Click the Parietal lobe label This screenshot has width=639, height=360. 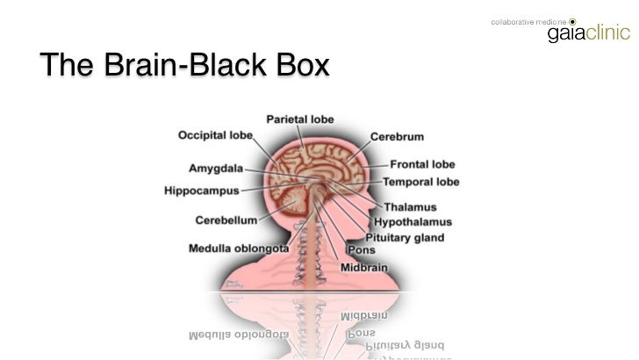[299, 119]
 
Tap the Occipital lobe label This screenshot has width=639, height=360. [215, 135]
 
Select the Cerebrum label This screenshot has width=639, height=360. [397, 137]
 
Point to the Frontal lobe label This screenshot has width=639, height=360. [422, 164]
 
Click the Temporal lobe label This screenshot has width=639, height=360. [420, 182]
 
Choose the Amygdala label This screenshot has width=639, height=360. [216, 168]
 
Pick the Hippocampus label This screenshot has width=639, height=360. [201, 190]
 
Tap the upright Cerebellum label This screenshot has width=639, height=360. [226, 220]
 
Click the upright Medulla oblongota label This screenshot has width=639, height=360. [239, 248]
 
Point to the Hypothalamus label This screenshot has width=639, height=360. [413, 222]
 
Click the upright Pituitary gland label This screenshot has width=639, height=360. [405, 237]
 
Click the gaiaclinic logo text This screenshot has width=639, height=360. [588, 34]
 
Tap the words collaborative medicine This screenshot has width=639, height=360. [528, 20]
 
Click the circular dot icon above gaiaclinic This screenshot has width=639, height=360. [572, 20]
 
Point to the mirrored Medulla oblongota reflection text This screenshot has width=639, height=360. [239, 335]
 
